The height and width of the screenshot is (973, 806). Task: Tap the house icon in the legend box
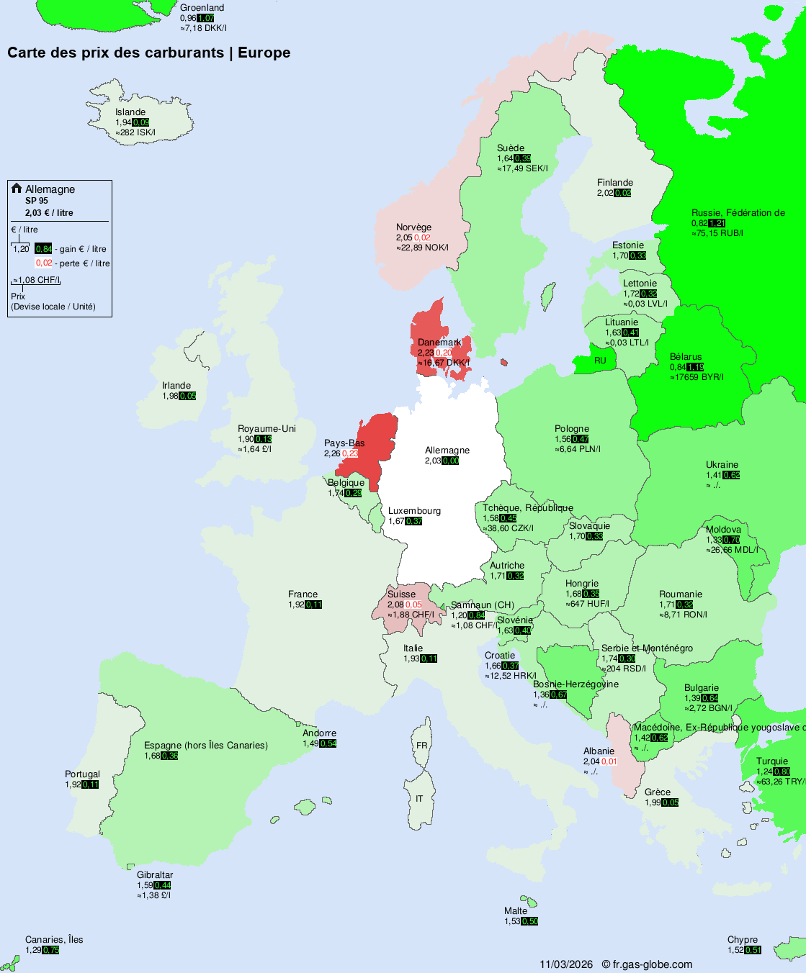[x=17, y=189]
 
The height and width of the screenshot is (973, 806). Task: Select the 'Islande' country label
[x=130, y=112]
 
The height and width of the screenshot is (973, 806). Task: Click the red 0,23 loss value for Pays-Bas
[x=350, y=453]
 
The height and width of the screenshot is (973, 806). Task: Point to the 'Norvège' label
[x=413, y=227]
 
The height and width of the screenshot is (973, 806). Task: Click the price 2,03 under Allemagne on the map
[x=433, y=461]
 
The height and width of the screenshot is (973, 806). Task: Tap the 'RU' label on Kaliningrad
[x=600, y=361]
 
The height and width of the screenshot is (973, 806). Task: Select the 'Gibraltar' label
[x=155, y=875]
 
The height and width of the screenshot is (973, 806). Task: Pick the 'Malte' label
[x=516, y=911]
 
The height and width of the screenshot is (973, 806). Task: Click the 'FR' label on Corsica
[x=421, y=746]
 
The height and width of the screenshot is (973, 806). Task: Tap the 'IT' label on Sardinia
[x=419, y=799]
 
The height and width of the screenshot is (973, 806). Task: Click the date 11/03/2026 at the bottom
[x=566, y=964]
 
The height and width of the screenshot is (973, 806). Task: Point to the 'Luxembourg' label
[x=414, y=511]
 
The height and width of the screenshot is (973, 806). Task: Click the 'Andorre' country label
[x=319, y=733]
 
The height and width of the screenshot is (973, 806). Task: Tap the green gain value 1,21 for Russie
[x=717, y=223]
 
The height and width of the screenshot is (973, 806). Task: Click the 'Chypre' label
[x=742, y=940]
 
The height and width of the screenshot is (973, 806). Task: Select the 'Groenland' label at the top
[x=202, y=8]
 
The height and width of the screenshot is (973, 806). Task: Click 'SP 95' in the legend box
[x=37, y=201]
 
